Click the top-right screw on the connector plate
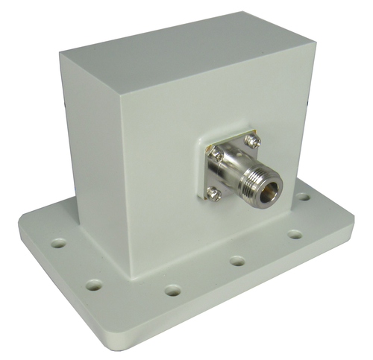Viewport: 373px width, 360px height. [x=255, y=139]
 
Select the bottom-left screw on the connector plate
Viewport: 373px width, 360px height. [x=214, y=193]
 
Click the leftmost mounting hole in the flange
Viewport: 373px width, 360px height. [x=58, y=243]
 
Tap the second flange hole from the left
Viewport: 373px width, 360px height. [x=94, y=284]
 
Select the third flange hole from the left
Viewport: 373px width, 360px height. [x=172, y=290]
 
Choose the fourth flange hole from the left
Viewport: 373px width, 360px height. [x=237, y=261]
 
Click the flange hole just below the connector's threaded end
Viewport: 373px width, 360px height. [x=295, y=234]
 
